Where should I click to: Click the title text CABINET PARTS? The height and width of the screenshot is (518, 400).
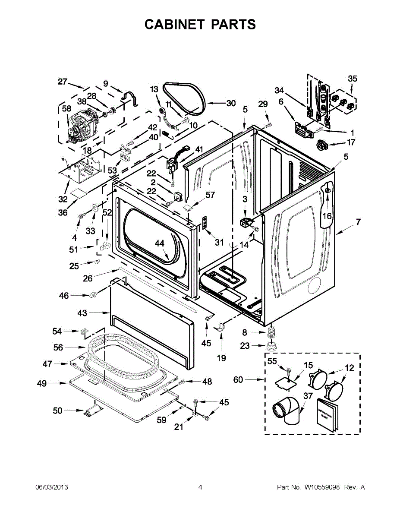200,25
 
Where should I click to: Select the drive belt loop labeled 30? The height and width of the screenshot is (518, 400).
183,99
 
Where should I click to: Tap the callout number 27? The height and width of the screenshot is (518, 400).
63,82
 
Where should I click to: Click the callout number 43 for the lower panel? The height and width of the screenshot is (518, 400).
82,313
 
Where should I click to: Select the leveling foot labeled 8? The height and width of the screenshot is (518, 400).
272,332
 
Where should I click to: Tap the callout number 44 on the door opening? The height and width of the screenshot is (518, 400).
160,243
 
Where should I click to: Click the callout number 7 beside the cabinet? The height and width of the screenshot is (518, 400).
359,222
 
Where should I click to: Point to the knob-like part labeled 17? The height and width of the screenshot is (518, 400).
322,146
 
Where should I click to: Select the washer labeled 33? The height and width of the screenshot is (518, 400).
93,211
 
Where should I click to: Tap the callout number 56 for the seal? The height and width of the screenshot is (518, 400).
58,347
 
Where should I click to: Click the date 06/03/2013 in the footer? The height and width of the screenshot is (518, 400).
51,487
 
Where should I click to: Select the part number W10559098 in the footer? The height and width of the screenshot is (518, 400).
322,487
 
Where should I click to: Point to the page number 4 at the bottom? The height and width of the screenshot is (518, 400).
200,487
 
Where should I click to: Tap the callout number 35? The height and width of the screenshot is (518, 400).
353,79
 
